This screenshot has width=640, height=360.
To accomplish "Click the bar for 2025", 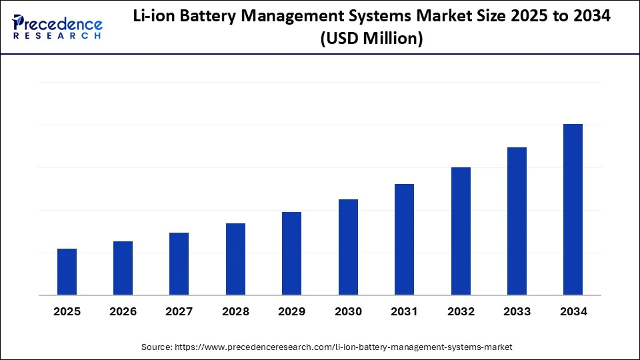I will [67, 272].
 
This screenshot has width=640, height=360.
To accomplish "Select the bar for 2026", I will [123, 268].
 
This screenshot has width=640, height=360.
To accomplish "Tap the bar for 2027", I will [179, 264].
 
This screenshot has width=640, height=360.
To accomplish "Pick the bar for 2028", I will [235, 259].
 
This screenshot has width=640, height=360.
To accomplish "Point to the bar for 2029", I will [291, 253].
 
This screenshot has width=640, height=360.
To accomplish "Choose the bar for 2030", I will [348, 247].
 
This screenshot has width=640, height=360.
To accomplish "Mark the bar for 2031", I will [404, 239].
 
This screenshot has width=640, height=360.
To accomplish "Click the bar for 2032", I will [461, 231].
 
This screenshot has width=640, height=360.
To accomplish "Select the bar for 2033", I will [517, 221].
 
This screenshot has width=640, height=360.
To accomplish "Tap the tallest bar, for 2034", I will [573, 209].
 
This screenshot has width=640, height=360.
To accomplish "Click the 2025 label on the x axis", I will [67, 311].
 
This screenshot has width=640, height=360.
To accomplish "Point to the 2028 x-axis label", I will [235, 311].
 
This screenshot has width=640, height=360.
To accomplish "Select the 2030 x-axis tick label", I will [348, 311].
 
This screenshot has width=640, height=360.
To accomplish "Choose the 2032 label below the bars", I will [461, 311].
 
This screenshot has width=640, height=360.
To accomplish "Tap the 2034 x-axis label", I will [573, 311].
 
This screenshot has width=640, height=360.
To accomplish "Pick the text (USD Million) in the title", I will [371, 39].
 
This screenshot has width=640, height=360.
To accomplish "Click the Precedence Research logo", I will [57, 27].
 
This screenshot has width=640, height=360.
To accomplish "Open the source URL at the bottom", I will [343, 347].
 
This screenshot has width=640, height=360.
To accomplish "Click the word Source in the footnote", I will [156, 347].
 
